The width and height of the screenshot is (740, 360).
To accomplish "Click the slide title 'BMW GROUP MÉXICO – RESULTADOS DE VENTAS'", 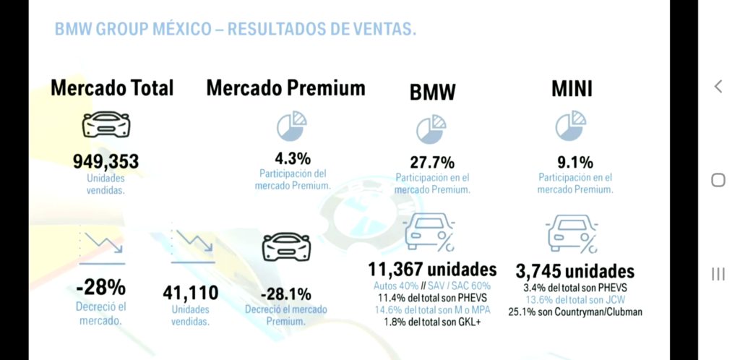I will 235,30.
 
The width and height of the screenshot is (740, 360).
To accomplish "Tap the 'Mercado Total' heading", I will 112,88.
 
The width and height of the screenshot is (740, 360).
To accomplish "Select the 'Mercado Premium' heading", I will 285,88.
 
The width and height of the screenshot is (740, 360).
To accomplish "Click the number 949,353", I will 106,161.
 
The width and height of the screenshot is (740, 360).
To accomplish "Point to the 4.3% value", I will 293,158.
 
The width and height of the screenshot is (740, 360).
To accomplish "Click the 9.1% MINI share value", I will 575,161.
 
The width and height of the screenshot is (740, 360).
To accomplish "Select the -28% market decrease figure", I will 101,288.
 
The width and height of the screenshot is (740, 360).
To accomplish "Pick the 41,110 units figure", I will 191,293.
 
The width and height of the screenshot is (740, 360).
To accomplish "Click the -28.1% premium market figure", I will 286,294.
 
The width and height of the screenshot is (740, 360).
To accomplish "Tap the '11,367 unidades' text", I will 433,270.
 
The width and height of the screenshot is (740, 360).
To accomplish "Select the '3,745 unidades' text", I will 575,271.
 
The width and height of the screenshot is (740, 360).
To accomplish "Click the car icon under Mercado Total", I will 106,127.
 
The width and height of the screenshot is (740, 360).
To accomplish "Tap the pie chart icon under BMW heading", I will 431,129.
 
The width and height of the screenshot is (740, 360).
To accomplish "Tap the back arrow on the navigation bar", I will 718,87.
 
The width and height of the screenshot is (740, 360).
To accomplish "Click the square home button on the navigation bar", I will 718,180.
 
